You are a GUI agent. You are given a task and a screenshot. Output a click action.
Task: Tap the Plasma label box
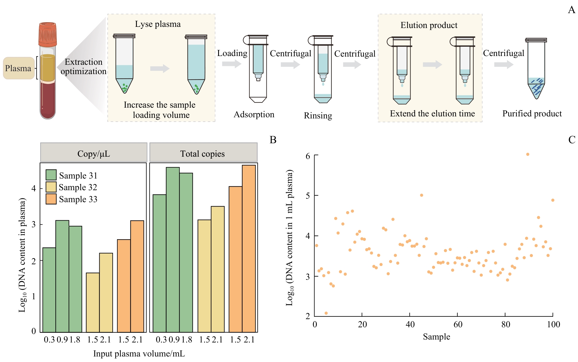18,68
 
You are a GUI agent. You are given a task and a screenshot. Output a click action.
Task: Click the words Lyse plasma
158,24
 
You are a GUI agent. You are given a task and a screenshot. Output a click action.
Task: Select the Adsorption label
254,114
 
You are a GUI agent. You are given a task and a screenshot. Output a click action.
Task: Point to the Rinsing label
318,116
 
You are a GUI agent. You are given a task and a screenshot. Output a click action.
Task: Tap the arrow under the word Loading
231,64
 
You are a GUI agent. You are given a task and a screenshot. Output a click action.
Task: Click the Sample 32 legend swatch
51,187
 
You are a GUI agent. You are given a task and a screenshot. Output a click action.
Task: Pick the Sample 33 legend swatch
51,199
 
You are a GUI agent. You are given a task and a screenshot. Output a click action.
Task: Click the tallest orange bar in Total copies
249,248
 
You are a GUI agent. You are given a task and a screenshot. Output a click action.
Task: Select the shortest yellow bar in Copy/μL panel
93,302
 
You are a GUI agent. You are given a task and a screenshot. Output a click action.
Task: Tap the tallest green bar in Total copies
173,249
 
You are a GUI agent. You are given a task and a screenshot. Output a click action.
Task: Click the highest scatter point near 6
528,154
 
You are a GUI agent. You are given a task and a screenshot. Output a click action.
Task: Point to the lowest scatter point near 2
326,313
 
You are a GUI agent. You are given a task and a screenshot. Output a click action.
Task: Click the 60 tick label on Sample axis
458,324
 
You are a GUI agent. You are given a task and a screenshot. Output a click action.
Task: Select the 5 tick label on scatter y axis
308,195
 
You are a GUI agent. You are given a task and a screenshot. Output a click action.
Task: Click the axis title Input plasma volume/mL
139,354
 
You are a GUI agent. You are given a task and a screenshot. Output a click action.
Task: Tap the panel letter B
273,140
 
